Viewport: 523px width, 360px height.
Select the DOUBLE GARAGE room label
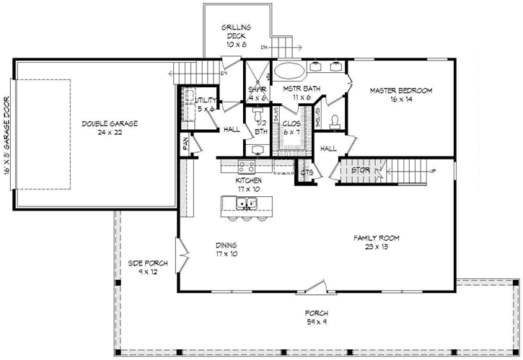click(109, 128)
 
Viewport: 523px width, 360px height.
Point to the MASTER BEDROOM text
click(401, 95)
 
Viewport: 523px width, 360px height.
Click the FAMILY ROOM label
click(377, 242)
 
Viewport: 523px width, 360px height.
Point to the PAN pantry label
click(185, 145)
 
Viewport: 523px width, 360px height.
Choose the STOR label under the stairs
click(360, 171)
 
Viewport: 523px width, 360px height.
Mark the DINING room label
click(226, 250)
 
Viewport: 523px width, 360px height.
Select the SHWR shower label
click(258, 93)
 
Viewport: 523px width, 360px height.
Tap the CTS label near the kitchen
click(306, 172)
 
